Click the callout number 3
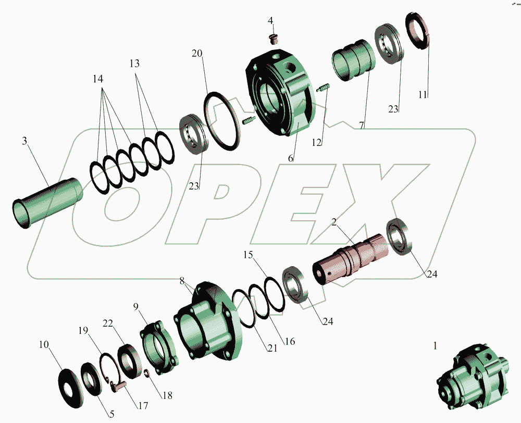pyautogui.click(x=24, y=141)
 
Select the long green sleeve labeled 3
pyautogui.click(x=46, y=203)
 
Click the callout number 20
pyautogui.click(x=197, y=53)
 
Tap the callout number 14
pyautogui.click(x=98, y=79)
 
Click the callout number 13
pyautogui.click(x=134, y=63)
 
